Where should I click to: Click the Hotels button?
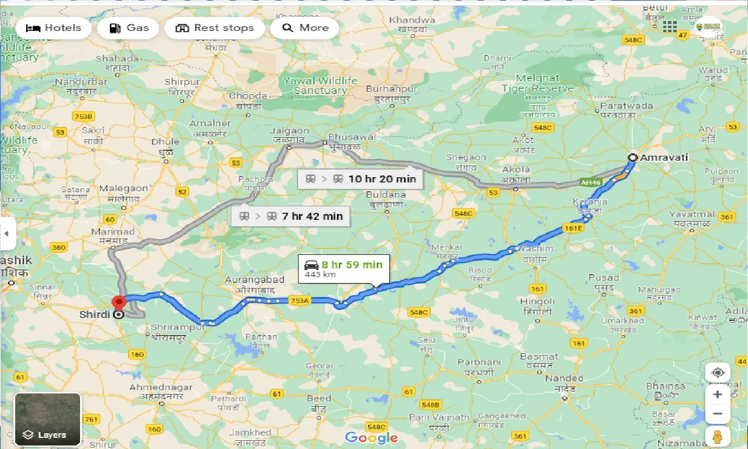coord(53,28)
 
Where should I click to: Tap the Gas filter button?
coord(129,28)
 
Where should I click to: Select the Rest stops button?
coord(214,28)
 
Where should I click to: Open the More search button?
coord(304,28)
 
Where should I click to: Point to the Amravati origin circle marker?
coord(632,157)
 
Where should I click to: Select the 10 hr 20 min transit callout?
coord(359,179)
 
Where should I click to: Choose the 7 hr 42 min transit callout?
coord(290,216)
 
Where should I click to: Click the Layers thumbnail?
coord(47,419)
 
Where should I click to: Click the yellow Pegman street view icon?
coord(717,437)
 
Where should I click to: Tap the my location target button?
coord(717,372)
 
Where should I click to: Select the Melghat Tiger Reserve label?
coord(538,83)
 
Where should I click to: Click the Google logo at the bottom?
coord(371,437)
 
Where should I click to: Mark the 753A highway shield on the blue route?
coord(299,301)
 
